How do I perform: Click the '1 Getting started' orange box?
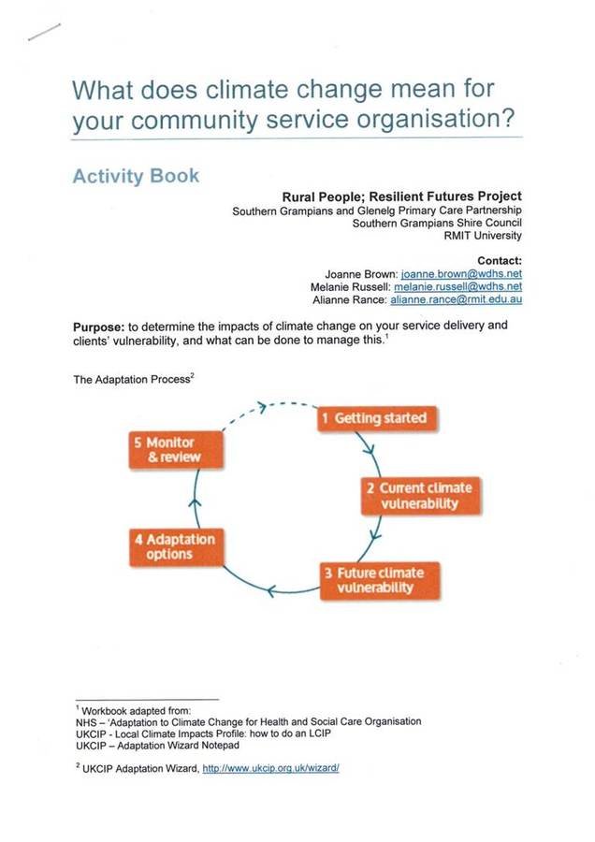pos(373,417)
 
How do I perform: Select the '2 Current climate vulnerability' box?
pos(419,495)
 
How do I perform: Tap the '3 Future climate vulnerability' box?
pos(374,580)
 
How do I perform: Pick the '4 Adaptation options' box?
pos(175,547)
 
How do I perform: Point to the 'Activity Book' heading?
pos(136,176)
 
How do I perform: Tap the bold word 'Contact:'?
pos(499,259)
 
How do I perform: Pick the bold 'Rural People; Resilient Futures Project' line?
pos(401,196)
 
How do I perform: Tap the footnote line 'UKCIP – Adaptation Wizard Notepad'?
pos(156,746)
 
